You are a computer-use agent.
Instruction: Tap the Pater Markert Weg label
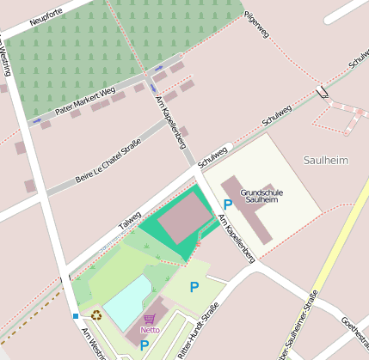click(x=85, y=101)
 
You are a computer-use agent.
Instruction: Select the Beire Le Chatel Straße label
click(x=108, y=163)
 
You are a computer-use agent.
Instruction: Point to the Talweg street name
click(x=130, y=219)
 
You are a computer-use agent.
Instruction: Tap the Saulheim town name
click(x=326, y=161)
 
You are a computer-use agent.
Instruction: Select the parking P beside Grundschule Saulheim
click(x=228, y=204)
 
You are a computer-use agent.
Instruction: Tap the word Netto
click(x=151, y=329)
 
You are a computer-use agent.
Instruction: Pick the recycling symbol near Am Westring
click(x=95, y=314)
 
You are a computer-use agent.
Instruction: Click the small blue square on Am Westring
click(x=75, y=316)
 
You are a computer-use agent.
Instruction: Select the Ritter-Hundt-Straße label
click(x=200, y=326)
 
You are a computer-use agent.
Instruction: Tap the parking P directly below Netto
click(x=144, y=346)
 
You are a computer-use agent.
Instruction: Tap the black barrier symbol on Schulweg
click(x=322, y=90)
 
